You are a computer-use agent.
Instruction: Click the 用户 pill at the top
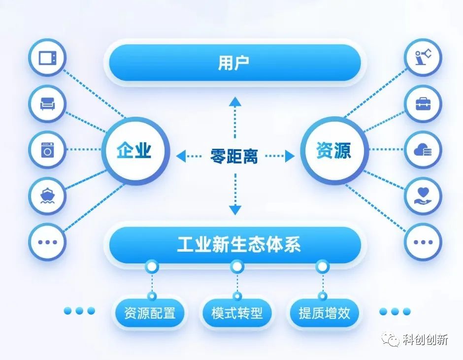click(x=235, y=63)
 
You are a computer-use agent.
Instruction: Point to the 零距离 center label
click(x=234, y=156)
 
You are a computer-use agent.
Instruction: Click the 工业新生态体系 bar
click(x=235, y=245)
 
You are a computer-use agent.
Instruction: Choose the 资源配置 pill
click(x=149, y=313)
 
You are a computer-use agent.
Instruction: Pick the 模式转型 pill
click(x=237, y=313)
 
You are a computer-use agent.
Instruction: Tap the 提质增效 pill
click(x=324, y=313)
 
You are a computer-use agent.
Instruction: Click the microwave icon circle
click(x=47, y=58)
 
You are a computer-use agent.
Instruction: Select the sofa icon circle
click(x=47, y=103)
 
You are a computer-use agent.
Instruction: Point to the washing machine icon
click(x=47, y=150)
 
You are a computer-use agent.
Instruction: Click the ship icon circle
click(x=47, y=196)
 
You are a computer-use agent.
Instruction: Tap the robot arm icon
click(x=423, y=57)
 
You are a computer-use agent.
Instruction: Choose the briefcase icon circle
click(x=423, y=103)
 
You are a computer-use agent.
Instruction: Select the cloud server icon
click(x=423, y=150)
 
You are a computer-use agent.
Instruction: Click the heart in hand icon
click(x=423, y=196)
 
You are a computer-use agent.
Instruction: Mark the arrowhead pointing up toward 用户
click(x=235, y=101)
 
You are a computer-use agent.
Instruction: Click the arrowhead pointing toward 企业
click(x=181, y=156)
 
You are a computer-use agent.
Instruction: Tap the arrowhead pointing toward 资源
click(x=290, y=156)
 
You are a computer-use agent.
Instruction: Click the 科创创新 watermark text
click(x=426, y=340)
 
